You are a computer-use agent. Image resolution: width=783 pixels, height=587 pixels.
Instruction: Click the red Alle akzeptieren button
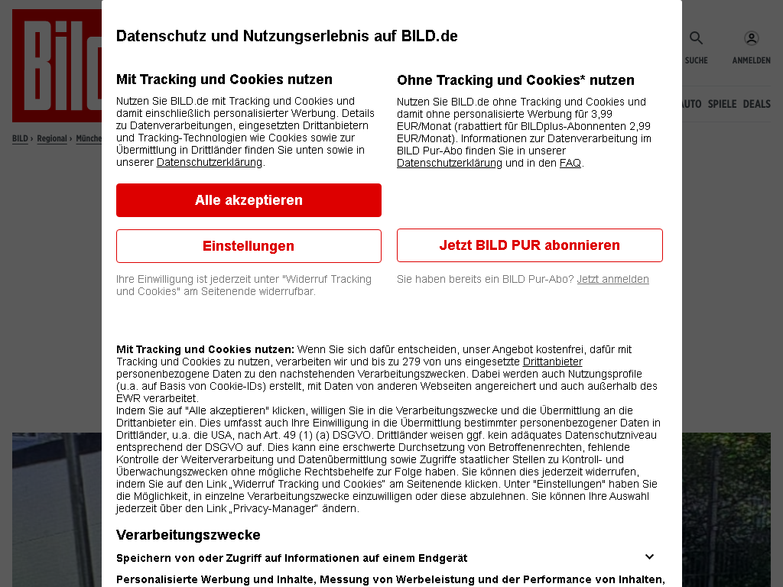[x=249, y=200]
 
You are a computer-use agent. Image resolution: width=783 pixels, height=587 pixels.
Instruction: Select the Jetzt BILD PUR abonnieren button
[x=529, y=245]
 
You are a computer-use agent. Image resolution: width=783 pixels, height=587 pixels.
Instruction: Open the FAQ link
[x=570, y=163]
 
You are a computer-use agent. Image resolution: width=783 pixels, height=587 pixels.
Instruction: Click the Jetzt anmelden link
[x=612, y=279]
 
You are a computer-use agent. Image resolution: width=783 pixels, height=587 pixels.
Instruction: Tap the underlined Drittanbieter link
[x=552, y=362]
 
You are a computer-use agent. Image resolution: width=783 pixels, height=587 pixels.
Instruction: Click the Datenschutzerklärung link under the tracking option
[x=209, y=162]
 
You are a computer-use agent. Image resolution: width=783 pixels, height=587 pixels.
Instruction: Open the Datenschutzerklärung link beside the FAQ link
[x=449, y=163]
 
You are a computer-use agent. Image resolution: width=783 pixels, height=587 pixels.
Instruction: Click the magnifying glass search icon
[x=696, y=38]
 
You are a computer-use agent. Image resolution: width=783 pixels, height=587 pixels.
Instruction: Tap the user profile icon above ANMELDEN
[x=751, y=38]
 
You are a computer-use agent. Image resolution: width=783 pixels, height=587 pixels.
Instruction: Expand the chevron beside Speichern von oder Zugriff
[x=649, y=557]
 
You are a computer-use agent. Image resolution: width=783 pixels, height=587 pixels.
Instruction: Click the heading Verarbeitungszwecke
[x=188, y=535]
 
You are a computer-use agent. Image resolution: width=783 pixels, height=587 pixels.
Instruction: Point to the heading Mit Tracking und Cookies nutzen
[x=224, y=79]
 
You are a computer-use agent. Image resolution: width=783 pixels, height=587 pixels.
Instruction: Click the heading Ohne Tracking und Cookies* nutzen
[x=515, y=79]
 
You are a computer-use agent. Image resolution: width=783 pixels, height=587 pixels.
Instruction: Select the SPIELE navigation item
[x=722, y=104]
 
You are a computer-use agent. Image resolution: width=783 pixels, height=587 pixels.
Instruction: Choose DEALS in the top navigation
[x=756, y=104]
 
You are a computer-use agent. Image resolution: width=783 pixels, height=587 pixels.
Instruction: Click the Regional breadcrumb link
[x=52, y=139]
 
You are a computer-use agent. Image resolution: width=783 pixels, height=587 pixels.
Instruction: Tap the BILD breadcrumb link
[x=20, y=139]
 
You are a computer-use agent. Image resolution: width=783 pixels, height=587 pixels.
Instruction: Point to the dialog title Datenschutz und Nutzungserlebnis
[x=287, y=36]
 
